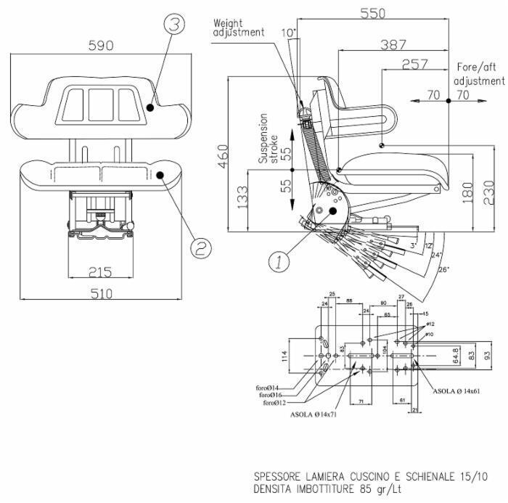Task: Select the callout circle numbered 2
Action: [201, 248]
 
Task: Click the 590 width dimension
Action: [100, 45]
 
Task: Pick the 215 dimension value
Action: [100, 272]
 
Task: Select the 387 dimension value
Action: [393, 45]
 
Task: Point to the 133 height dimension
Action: [242, 197]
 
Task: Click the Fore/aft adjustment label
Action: [478, 73]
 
